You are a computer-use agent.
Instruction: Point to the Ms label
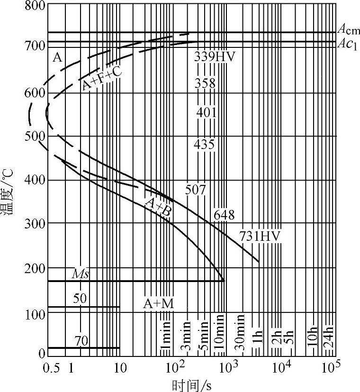coord(80,274)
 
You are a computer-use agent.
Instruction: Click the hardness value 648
coord(224,215)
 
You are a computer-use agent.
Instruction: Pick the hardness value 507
coord(196,190)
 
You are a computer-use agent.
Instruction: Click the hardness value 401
coord(206,113)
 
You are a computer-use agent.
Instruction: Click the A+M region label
coord(159,304)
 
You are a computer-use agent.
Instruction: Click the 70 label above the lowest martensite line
coord(81,341)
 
